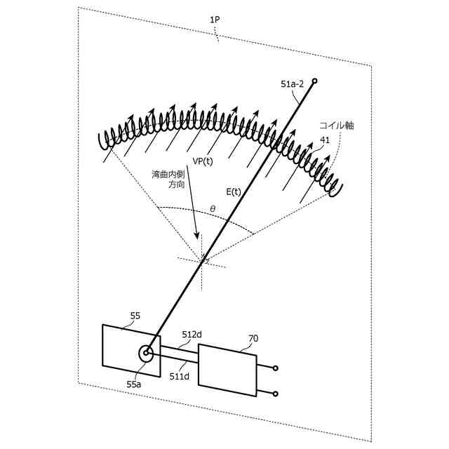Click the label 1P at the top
(215, 21)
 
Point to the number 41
(325, 140)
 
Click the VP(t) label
(203, 161)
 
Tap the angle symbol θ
(213, 208)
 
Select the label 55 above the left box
(135, 316)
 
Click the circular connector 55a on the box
(146, 354)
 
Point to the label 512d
(192, 335)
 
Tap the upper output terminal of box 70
(275, 368)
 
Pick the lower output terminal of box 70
(275, 394)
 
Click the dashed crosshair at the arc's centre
(202, 260)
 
